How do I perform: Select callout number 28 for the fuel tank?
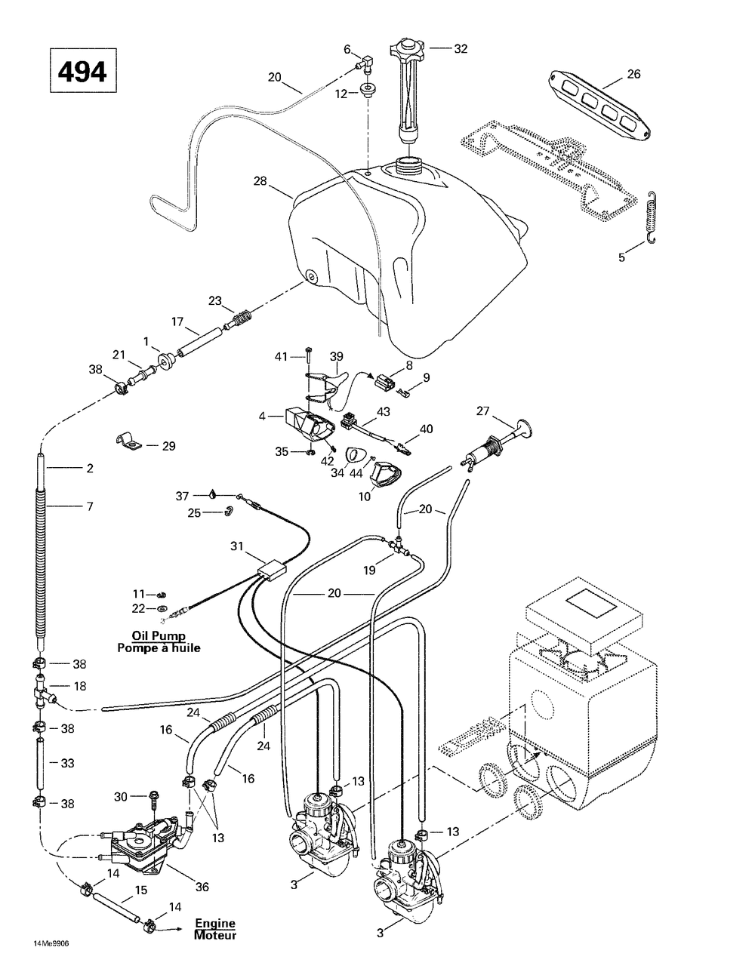point(260,181)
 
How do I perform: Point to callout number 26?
point(633,74)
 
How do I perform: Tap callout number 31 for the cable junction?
point(237,546)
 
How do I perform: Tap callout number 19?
point(369,571)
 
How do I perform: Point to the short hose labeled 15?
point(116,900)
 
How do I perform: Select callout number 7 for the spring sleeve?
point(90,506)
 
